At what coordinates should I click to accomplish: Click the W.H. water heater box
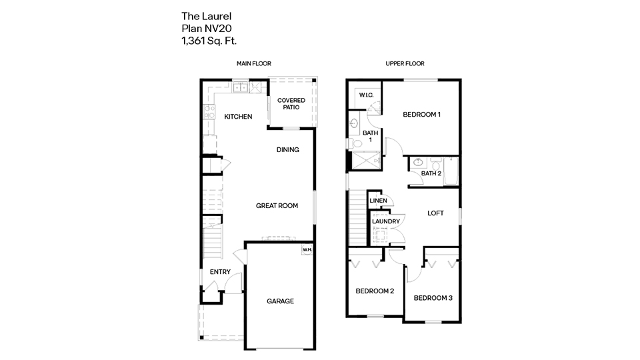307,250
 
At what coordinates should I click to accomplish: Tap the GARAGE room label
280,301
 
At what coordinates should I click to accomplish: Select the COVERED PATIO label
291,103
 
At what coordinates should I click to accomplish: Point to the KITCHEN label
238,117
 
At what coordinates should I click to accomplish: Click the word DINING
287,150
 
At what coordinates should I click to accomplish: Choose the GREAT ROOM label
277,206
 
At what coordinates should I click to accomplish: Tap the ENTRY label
220,272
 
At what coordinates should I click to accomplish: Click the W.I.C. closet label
366,95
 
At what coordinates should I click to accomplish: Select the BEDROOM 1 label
422,115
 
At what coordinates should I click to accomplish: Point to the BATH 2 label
431,173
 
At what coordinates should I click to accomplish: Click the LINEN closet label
378,200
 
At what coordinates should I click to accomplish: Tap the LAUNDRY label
386,221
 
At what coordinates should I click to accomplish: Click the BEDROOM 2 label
375,291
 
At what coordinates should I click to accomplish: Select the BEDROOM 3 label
433,298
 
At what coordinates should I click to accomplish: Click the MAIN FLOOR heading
253,64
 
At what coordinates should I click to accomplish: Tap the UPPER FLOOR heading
405,64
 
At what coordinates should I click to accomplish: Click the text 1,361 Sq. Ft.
209,41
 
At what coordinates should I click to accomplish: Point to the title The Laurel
201,15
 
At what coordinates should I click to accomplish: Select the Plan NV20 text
206,28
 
